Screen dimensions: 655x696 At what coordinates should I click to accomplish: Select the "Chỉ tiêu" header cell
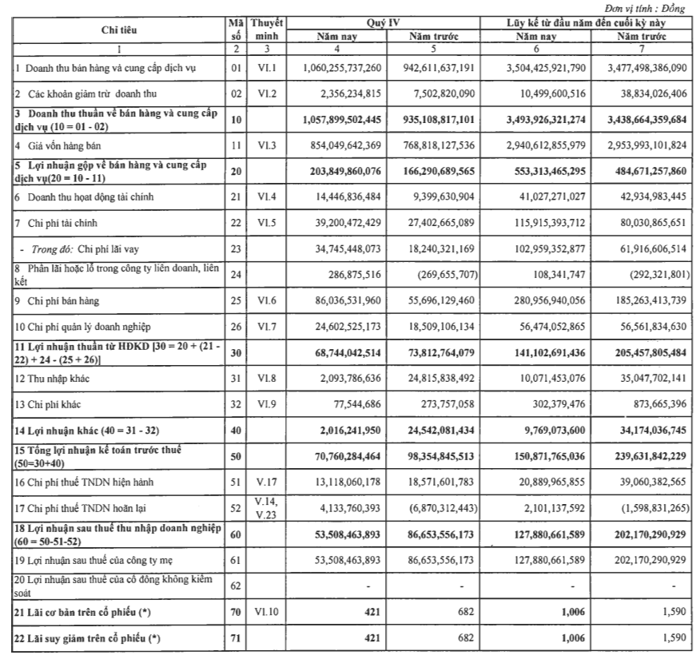pos(118,30)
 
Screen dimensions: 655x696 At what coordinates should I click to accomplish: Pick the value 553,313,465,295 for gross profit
pos(539,171)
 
